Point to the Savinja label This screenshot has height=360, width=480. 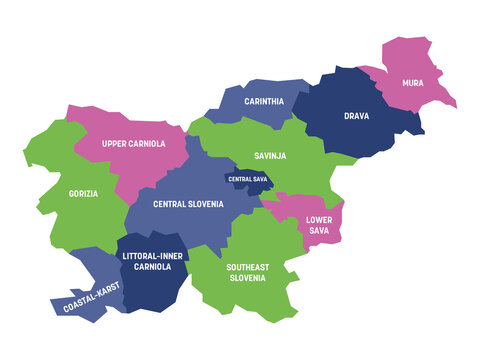tap(270, 155)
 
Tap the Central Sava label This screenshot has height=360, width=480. tap(247, 179)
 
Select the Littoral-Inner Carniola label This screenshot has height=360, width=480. tap(151, 263)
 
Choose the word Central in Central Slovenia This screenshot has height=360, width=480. tap(173, 204)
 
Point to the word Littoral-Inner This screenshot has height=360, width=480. tap(151, 257)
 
